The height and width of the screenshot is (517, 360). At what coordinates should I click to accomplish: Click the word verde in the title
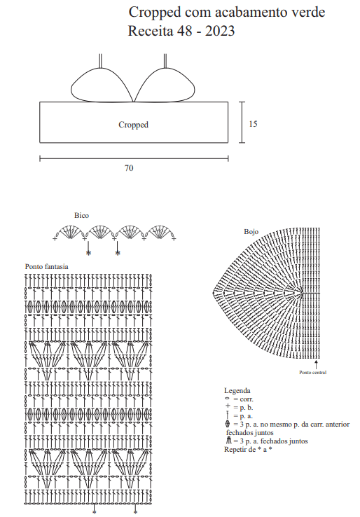pyautogui.click(x=307, y=12)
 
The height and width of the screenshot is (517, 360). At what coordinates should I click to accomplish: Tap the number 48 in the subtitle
pyautogui.click(x=185, y=31)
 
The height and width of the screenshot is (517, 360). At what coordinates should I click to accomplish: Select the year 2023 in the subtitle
pyautogui.click(x=220, y=31)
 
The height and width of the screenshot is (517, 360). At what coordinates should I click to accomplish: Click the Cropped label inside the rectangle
pyautogui.click(x=134, y=125)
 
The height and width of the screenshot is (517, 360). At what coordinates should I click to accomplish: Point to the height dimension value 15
pyautogui.click(x=253, y=124)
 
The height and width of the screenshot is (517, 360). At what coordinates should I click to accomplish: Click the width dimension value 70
pyautogui.click(x=129, y=168)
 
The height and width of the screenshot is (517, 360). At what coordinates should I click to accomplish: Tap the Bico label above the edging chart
pyautogui.click(x=81, y=215)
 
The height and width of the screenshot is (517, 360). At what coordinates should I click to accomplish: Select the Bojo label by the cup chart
pyautogui.click(x=251, y=232)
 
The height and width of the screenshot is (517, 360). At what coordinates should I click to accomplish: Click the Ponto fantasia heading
pyautogui.click(x=46, y=266)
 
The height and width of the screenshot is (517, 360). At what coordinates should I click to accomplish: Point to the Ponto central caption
pyautogui.click(x=313, y=373)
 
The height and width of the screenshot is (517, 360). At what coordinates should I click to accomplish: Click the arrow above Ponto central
pyautogui.click(x=316, y=365)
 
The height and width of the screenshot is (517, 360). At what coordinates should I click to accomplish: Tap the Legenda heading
pyautogui.click(x=237, y=391)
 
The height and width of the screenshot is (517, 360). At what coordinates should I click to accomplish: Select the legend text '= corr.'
pyautogui.click(x=243, y=399)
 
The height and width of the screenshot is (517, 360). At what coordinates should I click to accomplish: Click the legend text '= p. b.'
pyautogui.click(x=243, y=408)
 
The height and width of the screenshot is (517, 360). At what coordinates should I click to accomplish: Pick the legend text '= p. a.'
pyautogui.click(x=243, y=416)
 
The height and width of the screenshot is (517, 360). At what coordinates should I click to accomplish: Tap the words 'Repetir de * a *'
pyautogui.click(x=248, y=450)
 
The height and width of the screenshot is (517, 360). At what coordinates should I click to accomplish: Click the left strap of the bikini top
pyautogui.click(x=100, y=61)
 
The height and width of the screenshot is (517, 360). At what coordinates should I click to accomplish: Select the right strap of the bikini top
pyautogui.click(x=165, y=61)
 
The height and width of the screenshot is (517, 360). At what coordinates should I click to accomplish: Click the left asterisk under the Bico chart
pyautogui.click(x=88, y=253)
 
